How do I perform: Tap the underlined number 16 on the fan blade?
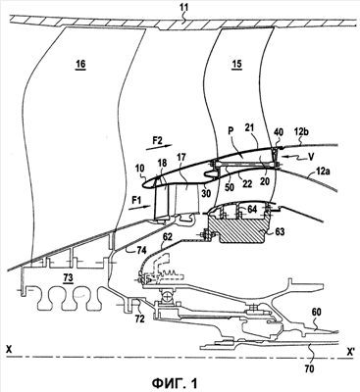click(80, 64)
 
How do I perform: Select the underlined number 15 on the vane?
click(236, 64)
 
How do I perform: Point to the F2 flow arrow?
click(158, 146)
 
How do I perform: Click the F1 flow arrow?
click(139, 208)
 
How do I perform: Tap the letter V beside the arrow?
click(311, 157)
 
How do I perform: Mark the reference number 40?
click(278, 133)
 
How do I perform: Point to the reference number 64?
click(252, 209)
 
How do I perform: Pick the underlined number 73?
click(68, 277)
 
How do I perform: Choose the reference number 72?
click(139, 318)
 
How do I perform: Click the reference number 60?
click(318, 313)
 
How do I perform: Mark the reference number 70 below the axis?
click(309, 369)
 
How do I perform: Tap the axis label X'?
click(351, 351)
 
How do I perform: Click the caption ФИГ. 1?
click(175, 382)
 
